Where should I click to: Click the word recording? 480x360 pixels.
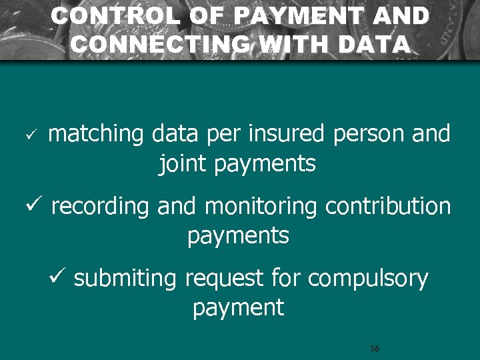[x=100, y=207]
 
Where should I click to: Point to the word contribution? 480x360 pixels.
[x=388, y=207]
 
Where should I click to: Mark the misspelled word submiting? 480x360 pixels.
[x=125, y=279]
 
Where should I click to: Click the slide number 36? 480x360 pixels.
[x=374, y=349]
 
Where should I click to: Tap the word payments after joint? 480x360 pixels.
[x=265, y=164]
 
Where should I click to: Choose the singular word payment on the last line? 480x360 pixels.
[x=238, y=308]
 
